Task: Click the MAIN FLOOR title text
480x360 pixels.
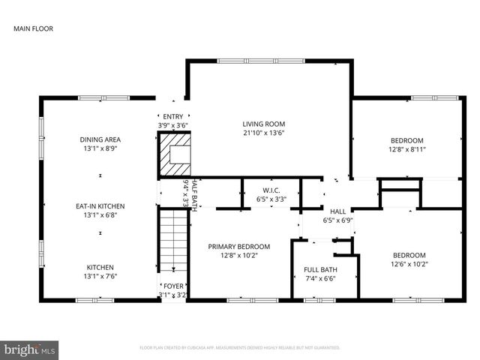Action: [x=33, y=29]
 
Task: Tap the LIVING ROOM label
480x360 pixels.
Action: [x=263, y=124]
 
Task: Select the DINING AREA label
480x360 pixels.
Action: [x=100, y=139]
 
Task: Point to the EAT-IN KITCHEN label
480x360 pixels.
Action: [x=100, y=206]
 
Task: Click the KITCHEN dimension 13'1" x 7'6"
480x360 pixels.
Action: [x=100, y=276]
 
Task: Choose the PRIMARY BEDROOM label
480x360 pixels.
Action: [x=239, y=246]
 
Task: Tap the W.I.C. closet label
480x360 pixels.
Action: [x=271, y=190]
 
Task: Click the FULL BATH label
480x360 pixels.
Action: [x=320, y=270]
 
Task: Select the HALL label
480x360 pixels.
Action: [x=337, y=212]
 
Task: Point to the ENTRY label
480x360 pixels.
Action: [x=172, y=116]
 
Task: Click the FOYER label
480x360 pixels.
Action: [x=174, y=286]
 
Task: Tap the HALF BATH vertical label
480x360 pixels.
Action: [x=194, y=196]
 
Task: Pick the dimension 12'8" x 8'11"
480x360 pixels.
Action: [x=407, y=149]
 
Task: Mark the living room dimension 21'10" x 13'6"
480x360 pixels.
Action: [x=263, y=133]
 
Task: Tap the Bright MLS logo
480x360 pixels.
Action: [x=30, y=349]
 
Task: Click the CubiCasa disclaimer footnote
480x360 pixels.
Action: [x=240, y=348]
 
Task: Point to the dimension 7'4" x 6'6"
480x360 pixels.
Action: [x=320, y=279]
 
